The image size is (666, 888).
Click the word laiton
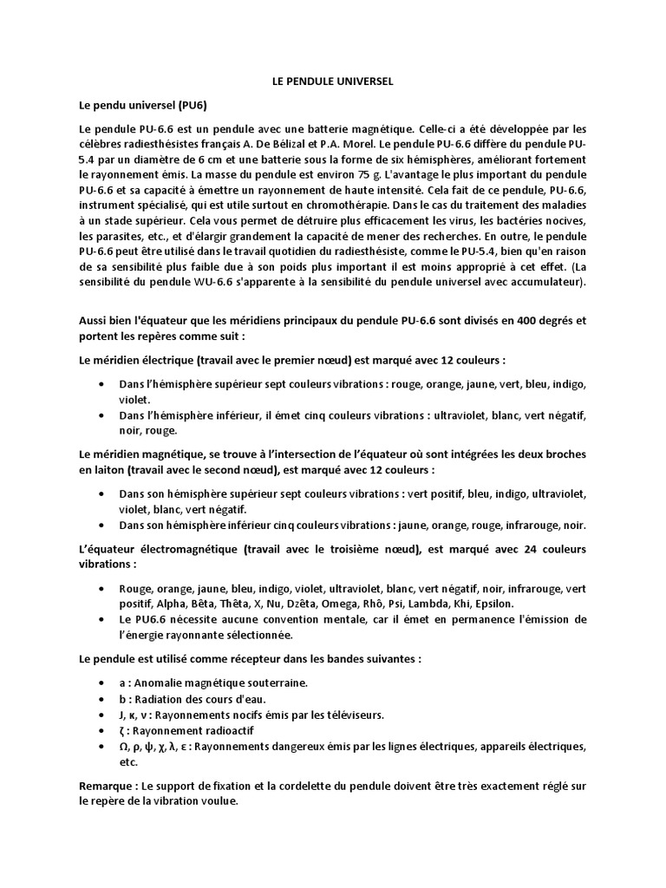pos(101,469)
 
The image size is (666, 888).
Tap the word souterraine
pos(270,682)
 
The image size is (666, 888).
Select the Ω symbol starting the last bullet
pos(124,747)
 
